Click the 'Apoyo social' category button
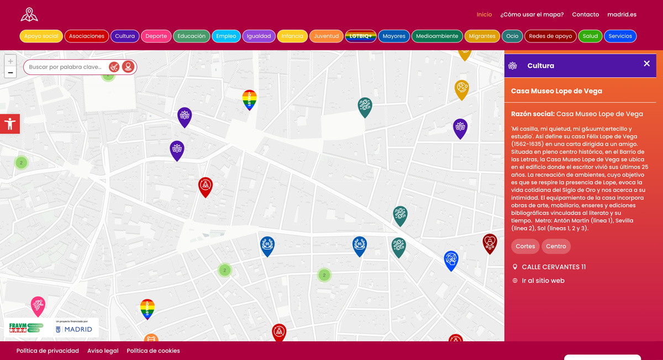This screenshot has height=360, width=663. click(x=41, y=36)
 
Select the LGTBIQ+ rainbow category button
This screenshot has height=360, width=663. click(x=360, y=36)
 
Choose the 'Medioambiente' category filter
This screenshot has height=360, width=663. click(x=436, y=36)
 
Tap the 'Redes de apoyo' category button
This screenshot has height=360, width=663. click(x=550, y=36)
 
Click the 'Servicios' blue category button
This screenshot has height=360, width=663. click(x=620, y=36)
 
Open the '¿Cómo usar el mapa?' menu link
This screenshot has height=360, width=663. click(x=532, y=14)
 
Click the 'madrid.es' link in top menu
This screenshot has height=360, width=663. click(x=622, y=14)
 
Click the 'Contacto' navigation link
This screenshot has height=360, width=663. click(x=585, y=14)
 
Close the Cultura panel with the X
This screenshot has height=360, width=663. click(x=646, y=64)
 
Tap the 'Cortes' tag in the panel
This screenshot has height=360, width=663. click(x=525, y=246)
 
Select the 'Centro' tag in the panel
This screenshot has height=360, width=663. click(x=556, y=246)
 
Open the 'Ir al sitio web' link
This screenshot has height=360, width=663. click(x=543, y=280)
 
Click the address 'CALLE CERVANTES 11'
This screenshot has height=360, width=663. click(x=553, y=267)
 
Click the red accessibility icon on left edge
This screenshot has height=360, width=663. click(x=10, y=124)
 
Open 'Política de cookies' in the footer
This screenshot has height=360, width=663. click(x=153, y=351)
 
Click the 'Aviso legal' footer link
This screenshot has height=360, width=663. click(x=103, y=351)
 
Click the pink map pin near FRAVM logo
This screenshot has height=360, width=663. click(x=38, y=305)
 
